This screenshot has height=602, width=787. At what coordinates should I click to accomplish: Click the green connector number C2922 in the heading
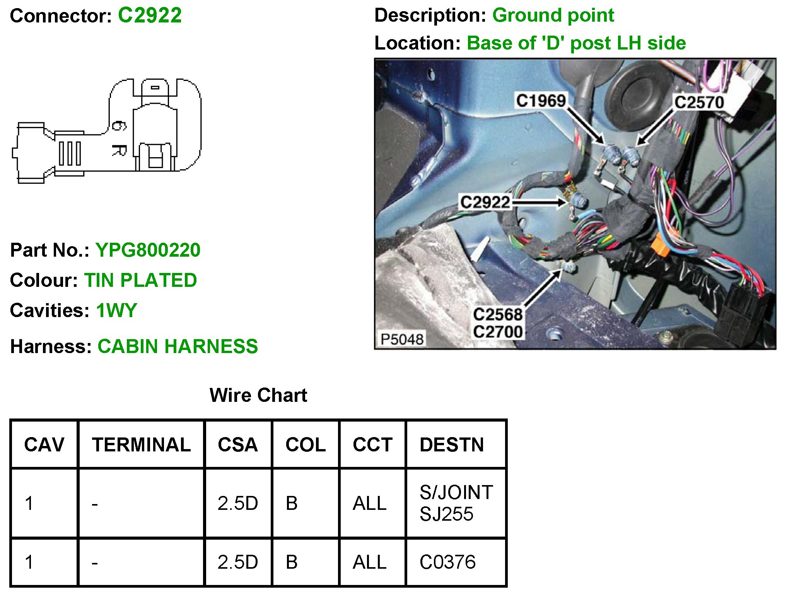(x=150, y=15)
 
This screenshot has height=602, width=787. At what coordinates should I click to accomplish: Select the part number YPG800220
(x=148, y=250)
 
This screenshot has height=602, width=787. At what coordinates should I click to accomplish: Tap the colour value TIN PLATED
(x=141, y=280)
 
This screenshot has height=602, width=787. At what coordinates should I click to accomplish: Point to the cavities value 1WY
(x=116, y=310)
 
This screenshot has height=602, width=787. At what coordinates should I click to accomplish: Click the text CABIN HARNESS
(x=178, y=346)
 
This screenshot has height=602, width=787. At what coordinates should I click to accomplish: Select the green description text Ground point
(x=553, y=15)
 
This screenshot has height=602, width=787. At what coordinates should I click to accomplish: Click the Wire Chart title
(x=258, y=395)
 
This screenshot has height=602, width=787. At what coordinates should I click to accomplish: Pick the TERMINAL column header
(x=141, y=444)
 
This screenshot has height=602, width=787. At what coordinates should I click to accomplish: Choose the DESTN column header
(x=452, y=444)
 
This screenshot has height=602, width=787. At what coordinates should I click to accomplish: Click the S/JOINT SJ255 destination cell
(x=456, y=503)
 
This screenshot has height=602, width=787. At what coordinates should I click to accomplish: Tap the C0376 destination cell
(x=447, y=562)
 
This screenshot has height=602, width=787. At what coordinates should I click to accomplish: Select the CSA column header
(x=237, y=444)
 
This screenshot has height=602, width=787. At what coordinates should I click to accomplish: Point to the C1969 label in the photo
(x=541, y=101)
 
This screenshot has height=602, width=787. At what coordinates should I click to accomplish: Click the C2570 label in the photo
(x=699, y=103)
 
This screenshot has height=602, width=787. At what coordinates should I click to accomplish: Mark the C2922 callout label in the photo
(x=485, y=202)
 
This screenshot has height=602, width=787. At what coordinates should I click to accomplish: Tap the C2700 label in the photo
(x=498, y=332)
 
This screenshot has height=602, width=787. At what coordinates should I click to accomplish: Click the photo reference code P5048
(x=402, y=339)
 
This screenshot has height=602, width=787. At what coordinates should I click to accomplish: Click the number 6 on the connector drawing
(x=119, y=126)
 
